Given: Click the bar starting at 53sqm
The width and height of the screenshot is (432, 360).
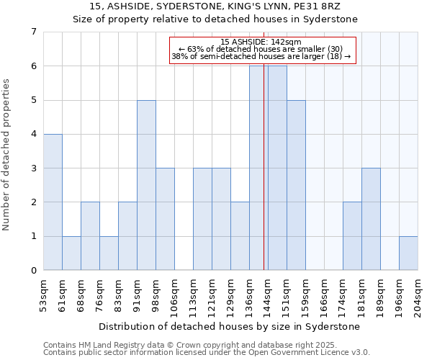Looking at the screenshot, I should [53, 202].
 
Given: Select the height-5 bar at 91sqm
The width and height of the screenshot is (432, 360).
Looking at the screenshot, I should [146, 185].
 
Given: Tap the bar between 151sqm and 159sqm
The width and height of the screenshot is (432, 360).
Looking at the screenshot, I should [296, 185].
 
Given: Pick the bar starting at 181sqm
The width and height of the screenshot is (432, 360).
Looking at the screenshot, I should [371, 219].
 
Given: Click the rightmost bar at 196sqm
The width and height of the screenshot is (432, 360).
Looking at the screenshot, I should [408, 253].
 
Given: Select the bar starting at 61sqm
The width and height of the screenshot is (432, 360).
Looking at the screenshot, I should [71, 253].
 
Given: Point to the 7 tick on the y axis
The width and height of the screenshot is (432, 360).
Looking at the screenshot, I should [33, 32].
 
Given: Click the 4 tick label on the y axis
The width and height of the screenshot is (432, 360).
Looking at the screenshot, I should [33, 134].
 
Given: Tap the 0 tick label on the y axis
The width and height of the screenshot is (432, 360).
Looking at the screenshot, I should [33, 271].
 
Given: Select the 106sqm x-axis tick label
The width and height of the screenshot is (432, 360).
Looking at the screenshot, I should [174, 295].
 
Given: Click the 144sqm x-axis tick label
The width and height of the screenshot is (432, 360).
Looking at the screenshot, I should [268, 295].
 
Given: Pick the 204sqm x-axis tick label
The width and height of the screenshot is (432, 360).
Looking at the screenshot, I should [418, 295].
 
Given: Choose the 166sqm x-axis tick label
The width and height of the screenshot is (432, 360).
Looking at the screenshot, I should [324, 295].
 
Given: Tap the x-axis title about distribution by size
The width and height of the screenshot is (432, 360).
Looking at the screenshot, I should [230, 326].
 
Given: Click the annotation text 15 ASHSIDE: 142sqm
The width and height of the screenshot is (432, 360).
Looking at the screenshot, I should [262, 42].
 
